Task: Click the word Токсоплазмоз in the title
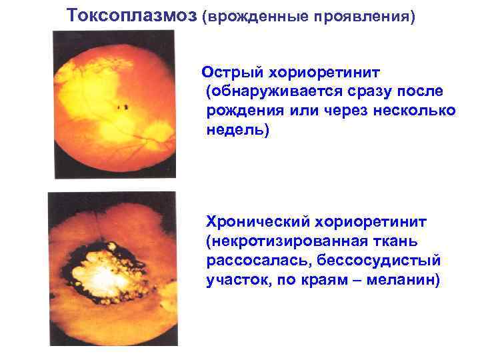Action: (133, 15)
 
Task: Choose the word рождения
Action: (243, 110)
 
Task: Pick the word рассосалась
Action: (254, 260)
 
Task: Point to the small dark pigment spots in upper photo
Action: (122, 105)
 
